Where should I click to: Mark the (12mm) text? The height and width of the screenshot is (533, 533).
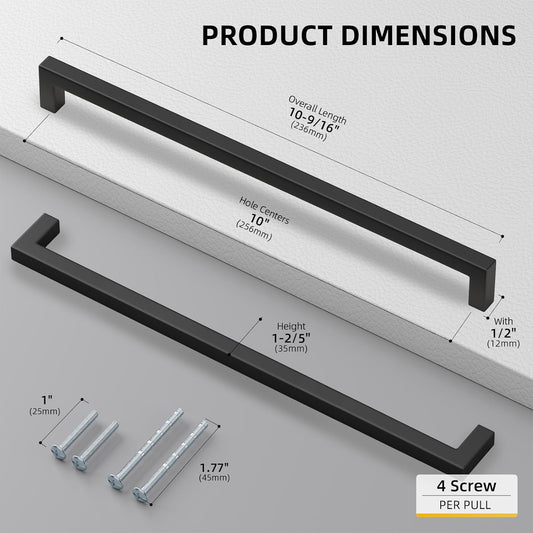coord(502,344)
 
